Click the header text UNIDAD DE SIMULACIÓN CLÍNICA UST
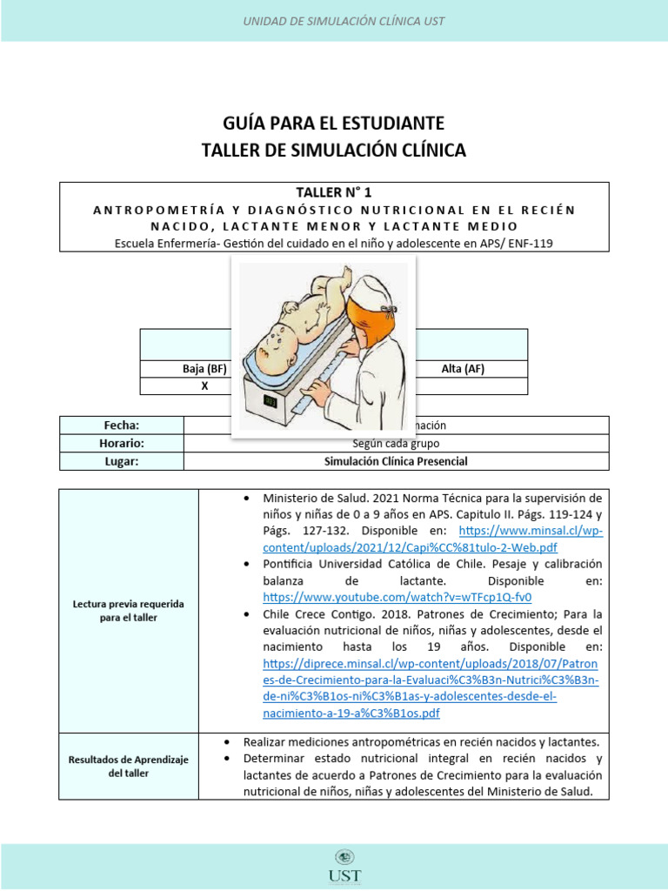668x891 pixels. [334, 20]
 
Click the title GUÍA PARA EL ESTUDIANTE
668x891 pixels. [334, 122]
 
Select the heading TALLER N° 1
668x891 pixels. [334, 193]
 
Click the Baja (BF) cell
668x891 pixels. [204, 369]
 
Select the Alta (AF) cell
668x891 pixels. [463, 369]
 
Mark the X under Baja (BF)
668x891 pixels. [204, 386]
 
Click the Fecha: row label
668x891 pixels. [121, 425]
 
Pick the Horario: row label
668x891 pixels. [121, 443]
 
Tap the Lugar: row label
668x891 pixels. [121, 461]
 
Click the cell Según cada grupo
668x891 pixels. [396, 443]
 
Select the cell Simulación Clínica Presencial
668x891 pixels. [396, 461]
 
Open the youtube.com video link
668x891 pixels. [397, 598]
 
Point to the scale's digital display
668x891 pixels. [270, 402]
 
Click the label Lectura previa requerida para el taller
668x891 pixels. [128, 610]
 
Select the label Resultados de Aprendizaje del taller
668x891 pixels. [128, 766]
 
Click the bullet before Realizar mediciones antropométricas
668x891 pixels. [226, 742]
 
